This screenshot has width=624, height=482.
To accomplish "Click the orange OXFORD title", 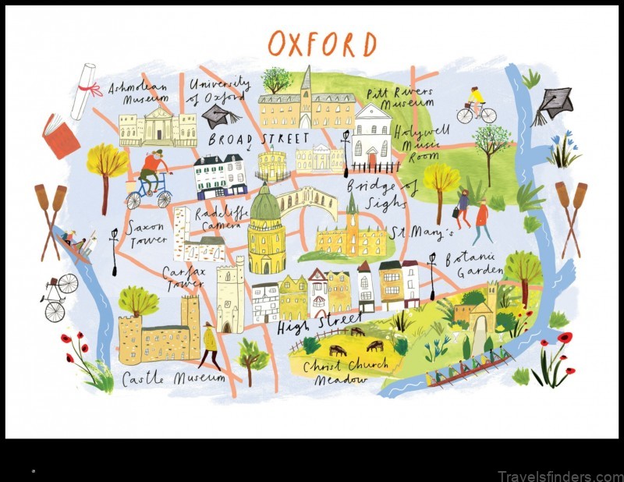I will pyautogui.click(x=321, y=44).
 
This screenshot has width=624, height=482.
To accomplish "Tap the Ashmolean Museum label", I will pyautogui.click(x=139, y=93).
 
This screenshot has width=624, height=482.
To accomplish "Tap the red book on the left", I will pyautogui.click(x=61, y=136).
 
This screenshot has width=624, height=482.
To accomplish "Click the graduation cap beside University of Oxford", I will pyautogui.click(x=221, y=117).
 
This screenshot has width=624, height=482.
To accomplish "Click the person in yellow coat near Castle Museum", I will pyautogui.click(x=209, y=346).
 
